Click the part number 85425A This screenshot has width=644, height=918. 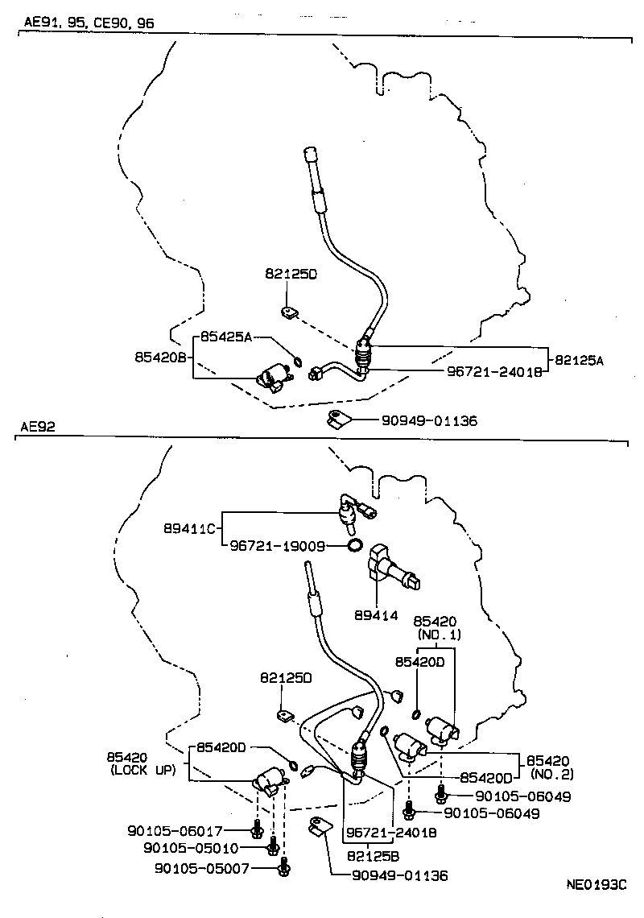(226, 337)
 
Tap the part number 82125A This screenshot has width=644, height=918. (578, 362)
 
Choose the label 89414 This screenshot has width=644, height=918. (376, 615)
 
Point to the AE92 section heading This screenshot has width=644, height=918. (39, 428)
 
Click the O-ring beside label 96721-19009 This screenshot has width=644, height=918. (354, 546)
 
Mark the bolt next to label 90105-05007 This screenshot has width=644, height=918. (283, 867)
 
